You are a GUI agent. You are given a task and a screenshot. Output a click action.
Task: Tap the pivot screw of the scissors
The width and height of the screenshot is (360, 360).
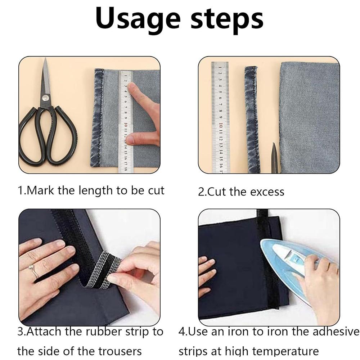click(45, 97)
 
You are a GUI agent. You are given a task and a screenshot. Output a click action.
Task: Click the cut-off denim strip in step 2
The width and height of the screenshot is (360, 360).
click(252, 119)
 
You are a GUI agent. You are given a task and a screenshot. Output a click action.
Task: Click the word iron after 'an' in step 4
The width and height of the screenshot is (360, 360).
click(240, 331)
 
